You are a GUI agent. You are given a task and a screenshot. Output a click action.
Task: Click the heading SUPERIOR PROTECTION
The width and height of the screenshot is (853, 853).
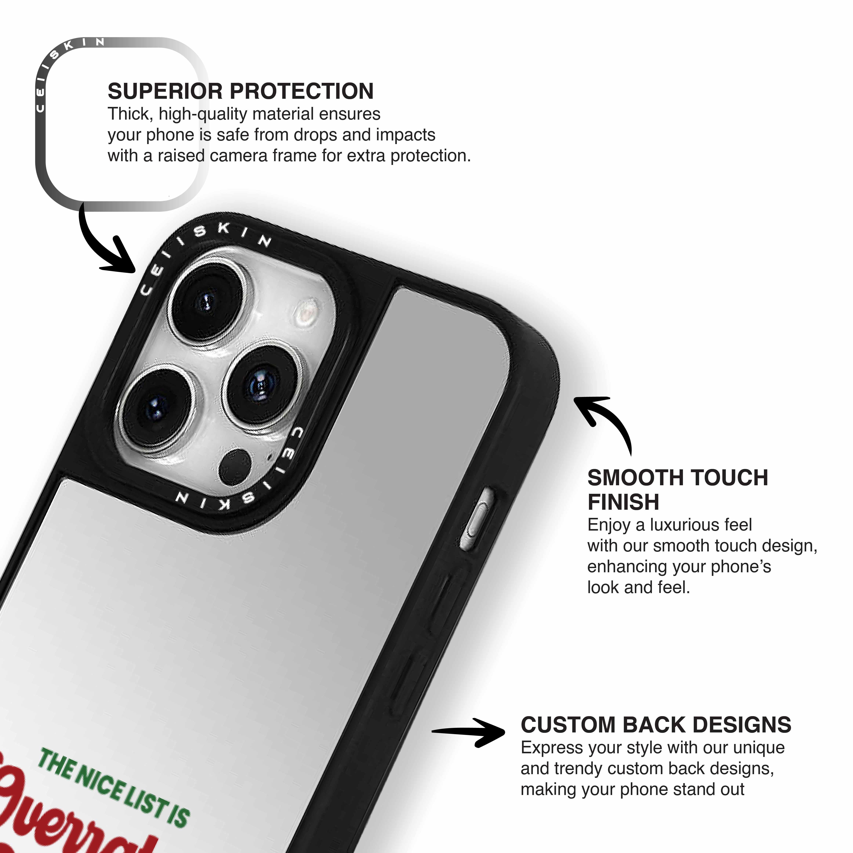(241, 91)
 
